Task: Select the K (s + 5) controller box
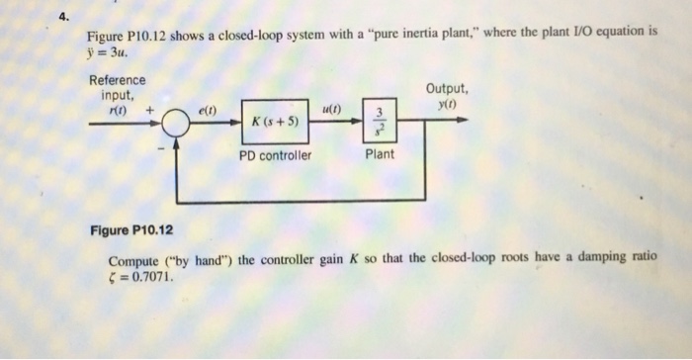(278, 124)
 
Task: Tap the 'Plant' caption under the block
(380, 154)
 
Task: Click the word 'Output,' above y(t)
(447, 89)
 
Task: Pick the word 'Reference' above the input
(117, 80)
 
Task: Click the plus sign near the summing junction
(150, 111)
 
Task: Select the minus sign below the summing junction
(156, 148)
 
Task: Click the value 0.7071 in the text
(150, 277)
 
